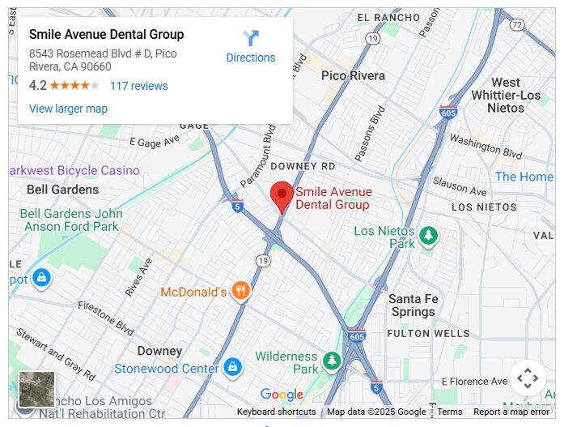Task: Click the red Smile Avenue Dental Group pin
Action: coord(282,195)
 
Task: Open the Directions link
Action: coord(251,58)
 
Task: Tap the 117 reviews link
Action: coord(139,86)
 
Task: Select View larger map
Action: coord(68,109)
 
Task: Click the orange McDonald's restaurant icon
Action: coord(240,291)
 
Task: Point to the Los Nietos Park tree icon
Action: coord(428,237)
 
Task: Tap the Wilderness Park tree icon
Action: coord(332,361)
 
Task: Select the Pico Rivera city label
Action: coord(353,75)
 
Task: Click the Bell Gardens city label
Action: coord(62,190)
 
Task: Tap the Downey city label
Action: coord(159,351)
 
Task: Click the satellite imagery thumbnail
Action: coord(36,390)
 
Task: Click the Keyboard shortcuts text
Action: coord(276,412)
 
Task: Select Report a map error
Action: coord(511,412)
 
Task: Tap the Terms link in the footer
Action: coord(450,412)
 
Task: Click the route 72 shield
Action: coord(517,25)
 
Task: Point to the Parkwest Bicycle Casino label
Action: coord(74,170)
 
